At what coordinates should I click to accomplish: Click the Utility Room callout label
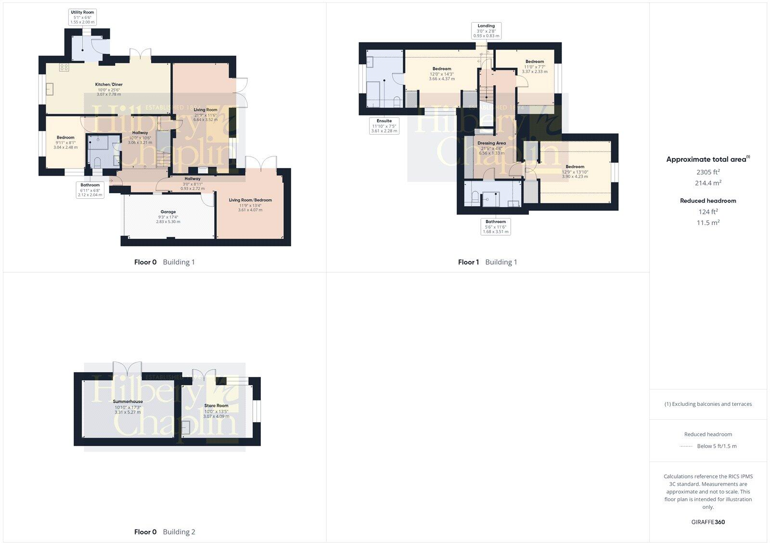tap(83, 17)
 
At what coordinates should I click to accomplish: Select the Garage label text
tap(168, 216)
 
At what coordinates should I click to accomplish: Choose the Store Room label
tap(216, 411)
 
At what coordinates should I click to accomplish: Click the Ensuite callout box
tap(384, 126)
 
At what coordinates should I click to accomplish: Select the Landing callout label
tap(486, 30)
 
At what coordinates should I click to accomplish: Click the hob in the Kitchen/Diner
tap(64, 67)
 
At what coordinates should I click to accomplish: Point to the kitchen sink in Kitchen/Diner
tap(50, 90)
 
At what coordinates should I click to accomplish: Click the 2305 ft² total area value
tap(708, 172)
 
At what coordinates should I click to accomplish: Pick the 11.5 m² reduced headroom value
tap(708, 223)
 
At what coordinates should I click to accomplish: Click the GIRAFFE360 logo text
tap(708, 522)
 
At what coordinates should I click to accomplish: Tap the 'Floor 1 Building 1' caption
tap(488, 262)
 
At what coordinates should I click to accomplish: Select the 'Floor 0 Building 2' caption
tap(165, 532)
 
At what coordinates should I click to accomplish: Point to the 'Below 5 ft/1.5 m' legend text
tap(717, 446)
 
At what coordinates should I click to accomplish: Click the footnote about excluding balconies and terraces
tap(708, 404)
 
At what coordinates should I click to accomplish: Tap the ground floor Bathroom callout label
tap(90, 190)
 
